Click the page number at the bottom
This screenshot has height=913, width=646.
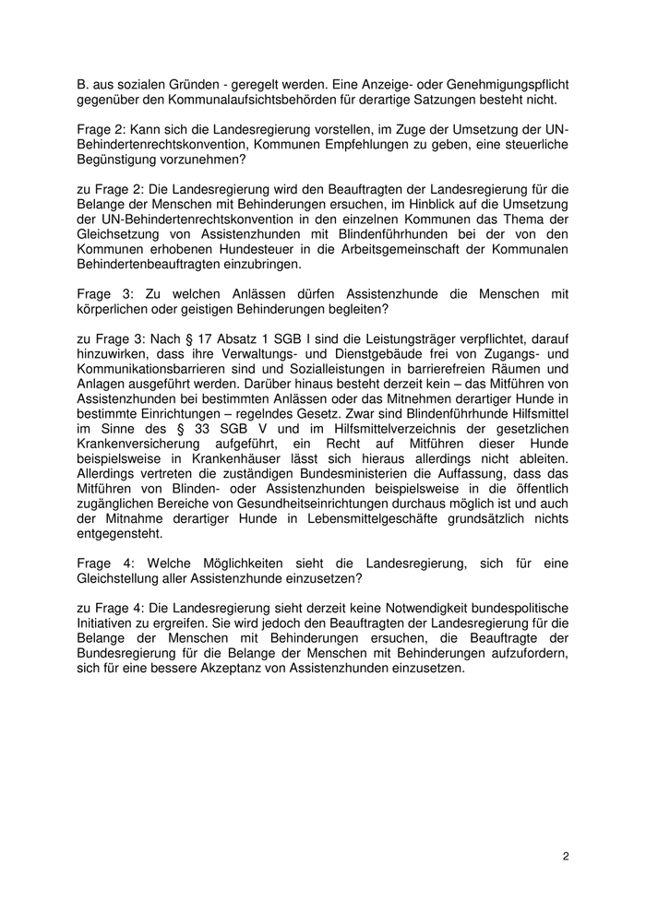click(x=566, y=857)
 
